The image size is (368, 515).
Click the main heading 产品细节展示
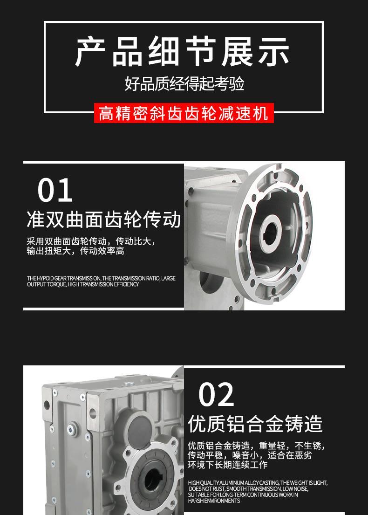pos(182,52)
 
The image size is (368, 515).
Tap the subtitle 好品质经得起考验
pos(184,84)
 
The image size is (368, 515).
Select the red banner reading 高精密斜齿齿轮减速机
pos(184,113)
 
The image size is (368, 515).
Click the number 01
pos(55,190)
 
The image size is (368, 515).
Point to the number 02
pos(216,394)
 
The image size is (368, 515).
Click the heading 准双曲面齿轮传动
pos(104,219)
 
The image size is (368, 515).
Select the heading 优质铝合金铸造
pos(255,424)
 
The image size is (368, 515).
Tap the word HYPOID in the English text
pos(45,278)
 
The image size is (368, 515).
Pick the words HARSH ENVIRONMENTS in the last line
pos(214,501)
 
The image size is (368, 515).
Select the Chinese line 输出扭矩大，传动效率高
pos(75,251)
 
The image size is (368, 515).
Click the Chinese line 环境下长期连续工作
pos(227,464)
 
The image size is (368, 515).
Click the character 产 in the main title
pos(90,52)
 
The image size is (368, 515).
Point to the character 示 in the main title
pos(274,52)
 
